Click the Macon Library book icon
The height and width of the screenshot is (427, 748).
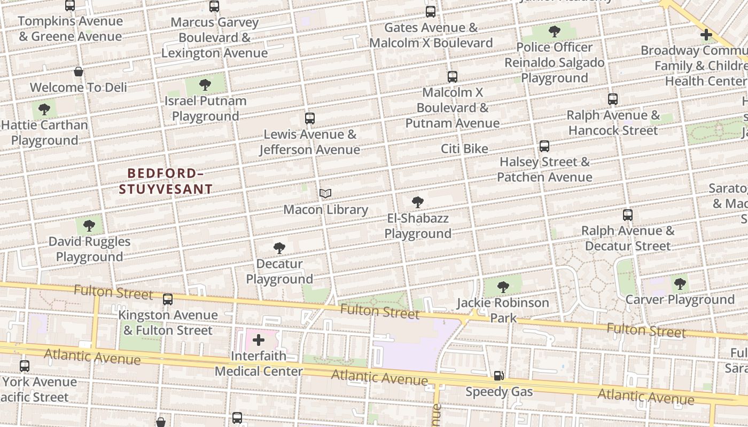click(x=325, y=194)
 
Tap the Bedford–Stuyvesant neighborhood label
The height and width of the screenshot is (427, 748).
click(x=166, y=181)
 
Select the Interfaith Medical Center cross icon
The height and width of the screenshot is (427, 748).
click(x=259, y=340)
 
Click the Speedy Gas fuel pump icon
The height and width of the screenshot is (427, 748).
click(x=498, y=376)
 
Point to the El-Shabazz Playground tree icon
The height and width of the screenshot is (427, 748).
click(x=418, y=202)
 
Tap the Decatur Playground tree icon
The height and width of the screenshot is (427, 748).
click(x=279, y=248)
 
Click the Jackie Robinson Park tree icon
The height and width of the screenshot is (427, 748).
click(x=503, y=287)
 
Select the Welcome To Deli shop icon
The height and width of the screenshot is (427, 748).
click(x=79, y=72)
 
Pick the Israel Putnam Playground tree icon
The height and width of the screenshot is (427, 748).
click(x=205, y=85)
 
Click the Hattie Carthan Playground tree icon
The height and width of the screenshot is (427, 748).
click(x=44, y=109)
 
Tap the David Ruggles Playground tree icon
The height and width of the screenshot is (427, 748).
click(x=89, y=225)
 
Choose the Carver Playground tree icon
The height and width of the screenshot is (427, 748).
click(x=680, y=283)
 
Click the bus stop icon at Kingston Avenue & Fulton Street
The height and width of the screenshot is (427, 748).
click(x=168, y=299)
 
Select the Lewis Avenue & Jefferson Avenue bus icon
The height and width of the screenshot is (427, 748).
click(x=309, y=118)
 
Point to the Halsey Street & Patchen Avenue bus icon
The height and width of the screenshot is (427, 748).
click(x=544, y=146)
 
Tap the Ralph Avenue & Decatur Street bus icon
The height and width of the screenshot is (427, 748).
click(x=628, y=215)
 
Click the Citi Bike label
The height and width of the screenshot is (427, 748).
click(x=464, y=149)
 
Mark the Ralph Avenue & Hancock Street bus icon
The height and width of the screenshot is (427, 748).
click(x=613, y=99)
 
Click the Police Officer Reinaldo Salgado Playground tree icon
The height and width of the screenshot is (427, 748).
click(x=555, y=31)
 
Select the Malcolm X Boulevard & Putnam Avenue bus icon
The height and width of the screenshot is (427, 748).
click(x=453, y=77)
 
